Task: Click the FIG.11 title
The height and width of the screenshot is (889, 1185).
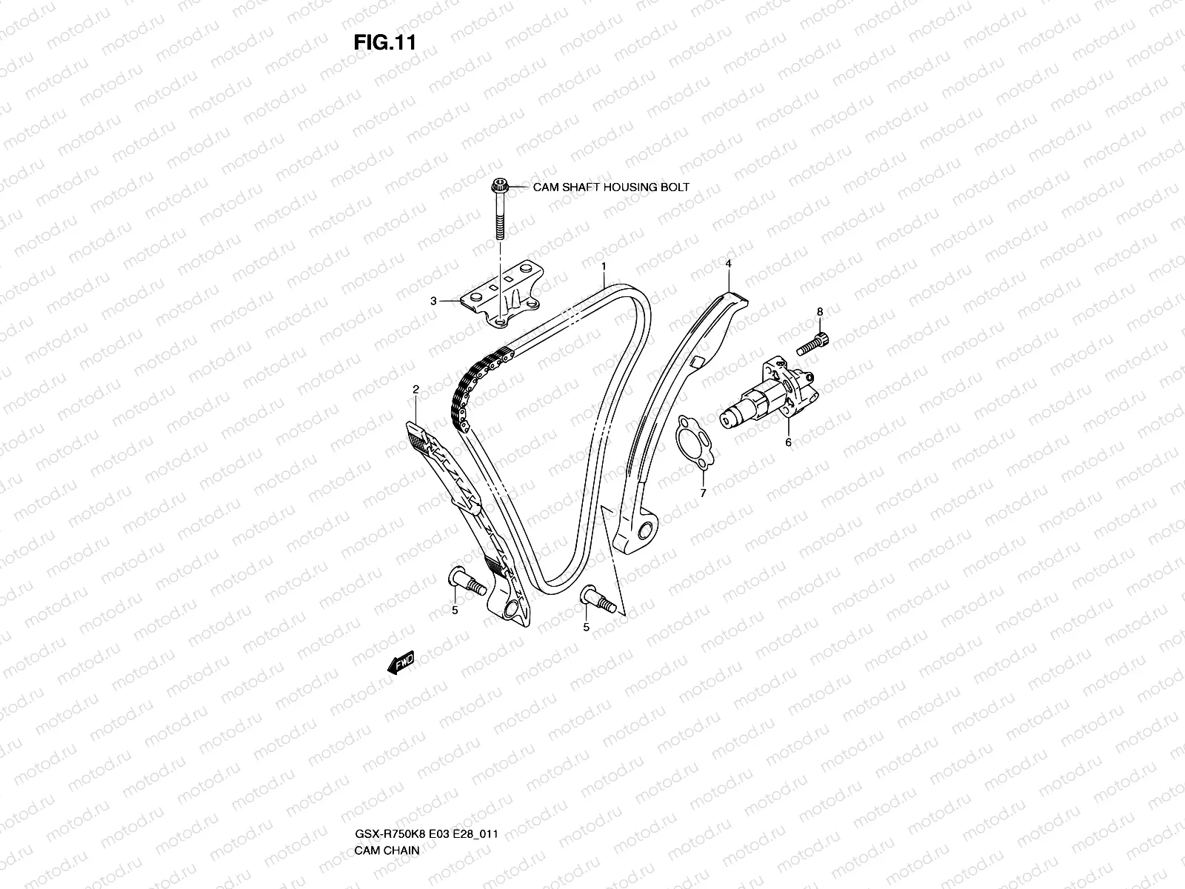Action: pyautogui.click(x=384, y=42)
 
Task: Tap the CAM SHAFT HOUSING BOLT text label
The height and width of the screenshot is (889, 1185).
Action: pyautogui.click(x=611, y=187)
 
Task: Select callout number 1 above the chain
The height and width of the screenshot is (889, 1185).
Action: pyautogui.click(x=604, y=265)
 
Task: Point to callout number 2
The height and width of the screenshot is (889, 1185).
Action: pyautogui.click(x=416, y=389)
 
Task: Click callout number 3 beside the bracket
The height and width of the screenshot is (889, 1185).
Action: pyautogui.click(x=433, y=301)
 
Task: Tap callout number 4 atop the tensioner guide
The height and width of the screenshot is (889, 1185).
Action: pyautogui.click(x=729, y=263)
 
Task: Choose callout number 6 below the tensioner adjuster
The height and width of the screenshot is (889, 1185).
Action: pyautogui.click(x=788, y=442)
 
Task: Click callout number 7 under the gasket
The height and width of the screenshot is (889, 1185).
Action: pyautogui.click(x=703, y=492)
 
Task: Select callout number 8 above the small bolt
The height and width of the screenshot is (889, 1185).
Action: pyautogui.click(x=820, y=312)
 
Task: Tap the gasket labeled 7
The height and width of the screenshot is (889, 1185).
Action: pyautogui.click(x=692, y=443)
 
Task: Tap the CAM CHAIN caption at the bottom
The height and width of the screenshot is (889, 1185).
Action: pyautogui.click(x=387, y=788)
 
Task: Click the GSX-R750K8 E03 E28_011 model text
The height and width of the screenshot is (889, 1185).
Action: pyautogui.click(x=425, y=771)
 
